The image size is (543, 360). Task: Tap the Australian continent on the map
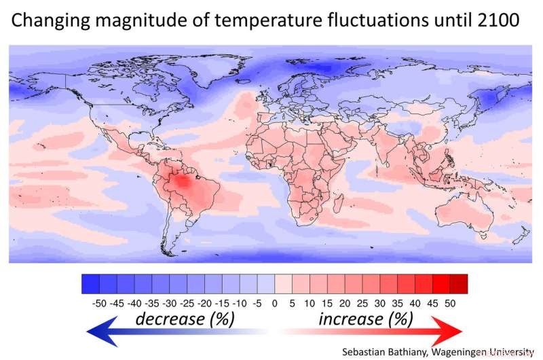461,204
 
